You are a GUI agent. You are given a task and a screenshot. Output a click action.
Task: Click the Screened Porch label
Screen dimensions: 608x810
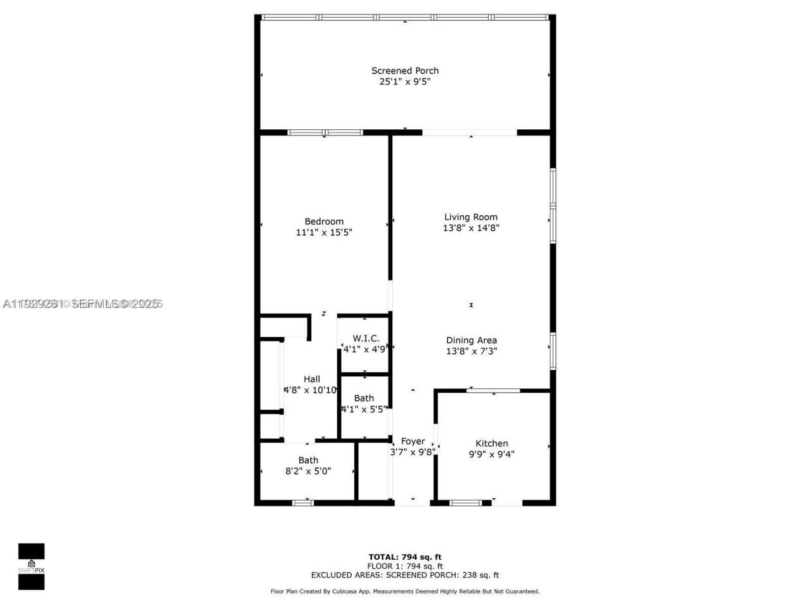(404, 70)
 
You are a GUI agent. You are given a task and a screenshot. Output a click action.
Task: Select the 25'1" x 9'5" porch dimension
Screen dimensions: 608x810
(404, 82)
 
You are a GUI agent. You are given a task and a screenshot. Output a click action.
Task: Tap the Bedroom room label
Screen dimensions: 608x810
(324, 221)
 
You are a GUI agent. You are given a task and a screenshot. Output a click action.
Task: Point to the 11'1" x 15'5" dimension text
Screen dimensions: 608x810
(324, 232)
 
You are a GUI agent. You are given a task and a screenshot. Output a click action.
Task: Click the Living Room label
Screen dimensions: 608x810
(471, 217)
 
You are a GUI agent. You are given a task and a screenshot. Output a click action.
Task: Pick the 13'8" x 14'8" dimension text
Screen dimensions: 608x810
(471, 228)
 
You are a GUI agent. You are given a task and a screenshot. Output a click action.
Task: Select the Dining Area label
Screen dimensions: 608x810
(471, 340)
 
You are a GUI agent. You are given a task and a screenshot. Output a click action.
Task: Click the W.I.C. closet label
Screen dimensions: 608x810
(366, 338)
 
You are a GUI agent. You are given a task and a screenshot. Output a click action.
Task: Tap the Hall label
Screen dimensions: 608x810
(311, 379)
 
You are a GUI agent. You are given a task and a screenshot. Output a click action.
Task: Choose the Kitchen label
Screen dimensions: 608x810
(492, 443)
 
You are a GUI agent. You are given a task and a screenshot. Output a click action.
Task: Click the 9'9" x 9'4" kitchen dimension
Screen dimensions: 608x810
(492, 454)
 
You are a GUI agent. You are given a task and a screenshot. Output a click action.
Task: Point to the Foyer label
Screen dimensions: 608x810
(413, 441)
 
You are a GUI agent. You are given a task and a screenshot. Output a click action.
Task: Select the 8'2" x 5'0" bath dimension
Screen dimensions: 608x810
(308, 471)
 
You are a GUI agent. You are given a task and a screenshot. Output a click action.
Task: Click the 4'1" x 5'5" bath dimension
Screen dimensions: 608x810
(364, 409)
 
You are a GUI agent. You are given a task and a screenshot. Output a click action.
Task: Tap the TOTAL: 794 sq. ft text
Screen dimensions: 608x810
(405, 557)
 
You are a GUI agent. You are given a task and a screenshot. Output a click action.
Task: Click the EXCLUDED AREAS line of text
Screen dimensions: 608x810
(405, 575)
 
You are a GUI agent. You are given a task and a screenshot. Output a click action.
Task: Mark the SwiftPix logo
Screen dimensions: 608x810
(31, 566)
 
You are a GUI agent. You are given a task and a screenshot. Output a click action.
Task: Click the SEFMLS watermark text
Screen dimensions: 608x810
(83, 304)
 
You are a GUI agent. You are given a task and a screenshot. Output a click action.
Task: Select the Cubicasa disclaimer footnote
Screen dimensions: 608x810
(405, 592)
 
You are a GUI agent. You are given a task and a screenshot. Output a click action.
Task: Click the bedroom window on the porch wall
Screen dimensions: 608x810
(325, 132)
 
